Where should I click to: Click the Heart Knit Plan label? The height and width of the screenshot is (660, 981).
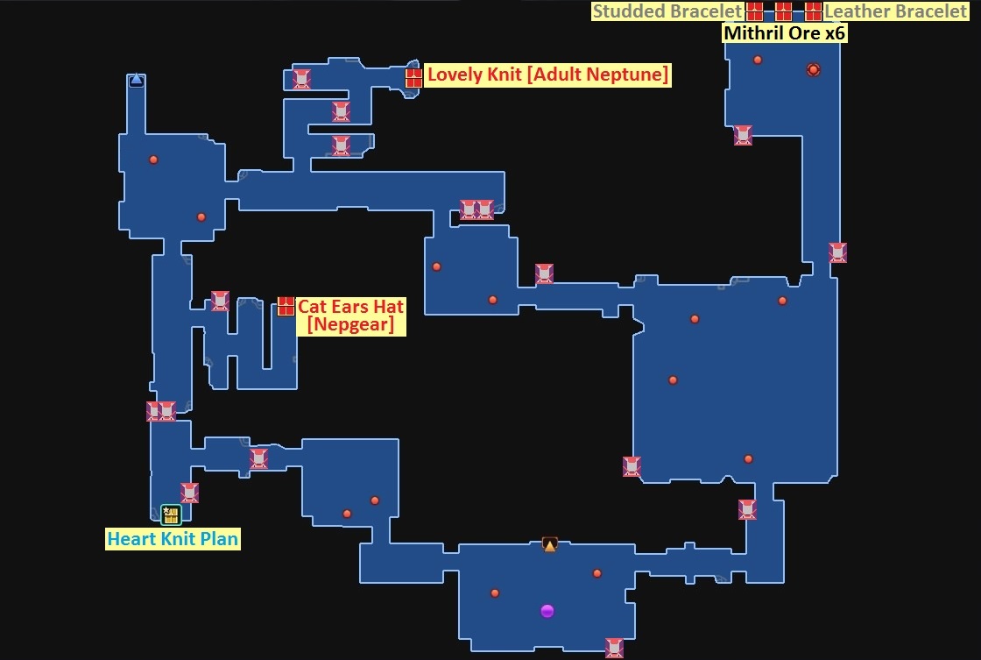click(x=173, y=539)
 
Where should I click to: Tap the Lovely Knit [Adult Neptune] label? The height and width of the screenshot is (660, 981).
click(x=547, y=75)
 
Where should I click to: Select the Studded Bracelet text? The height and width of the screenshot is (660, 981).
click(x=667, y=11)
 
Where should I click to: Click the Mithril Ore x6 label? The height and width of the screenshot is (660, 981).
click(x=784, y=33)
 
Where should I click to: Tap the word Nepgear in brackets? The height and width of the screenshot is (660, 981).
click(x=350, y=324)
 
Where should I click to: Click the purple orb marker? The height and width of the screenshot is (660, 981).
click(x=547, y=611)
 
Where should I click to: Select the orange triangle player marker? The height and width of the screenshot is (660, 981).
click(x=550, y=544)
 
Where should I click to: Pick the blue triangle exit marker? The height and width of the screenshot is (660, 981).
click(x=136, y=80)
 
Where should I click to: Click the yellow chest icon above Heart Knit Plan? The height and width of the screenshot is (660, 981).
click(x=171, y=515)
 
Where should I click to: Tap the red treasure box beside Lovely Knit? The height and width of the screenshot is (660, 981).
click(x=414, y=77)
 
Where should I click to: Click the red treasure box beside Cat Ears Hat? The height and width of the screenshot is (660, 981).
click(x=286, y=306)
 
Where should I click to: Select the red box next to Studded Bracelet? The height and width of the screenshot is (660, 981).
click(x=755, y=11)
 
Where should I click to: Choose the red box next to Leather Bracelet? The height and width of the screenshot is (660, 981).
click(x=814, y=11)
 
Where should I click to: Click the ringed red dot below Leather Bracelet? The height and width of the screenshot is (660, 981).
click(x=813, y=69)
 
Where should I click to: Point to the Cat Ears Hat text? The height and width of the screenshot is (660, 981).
click(x=350, y=307)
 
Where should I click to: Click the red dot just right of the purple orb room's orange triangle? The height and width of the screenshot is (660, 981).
click(x=597, y=573)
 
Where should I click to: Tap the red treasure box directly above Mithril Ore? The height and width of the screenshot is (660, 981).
click(x=784, y=11)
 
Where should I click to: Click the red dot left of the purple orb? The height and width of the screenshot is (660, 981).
click(x=495, y=593)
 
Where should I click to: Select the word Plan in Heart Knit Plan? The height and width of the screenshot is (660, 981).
click(x=219, y=539)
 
